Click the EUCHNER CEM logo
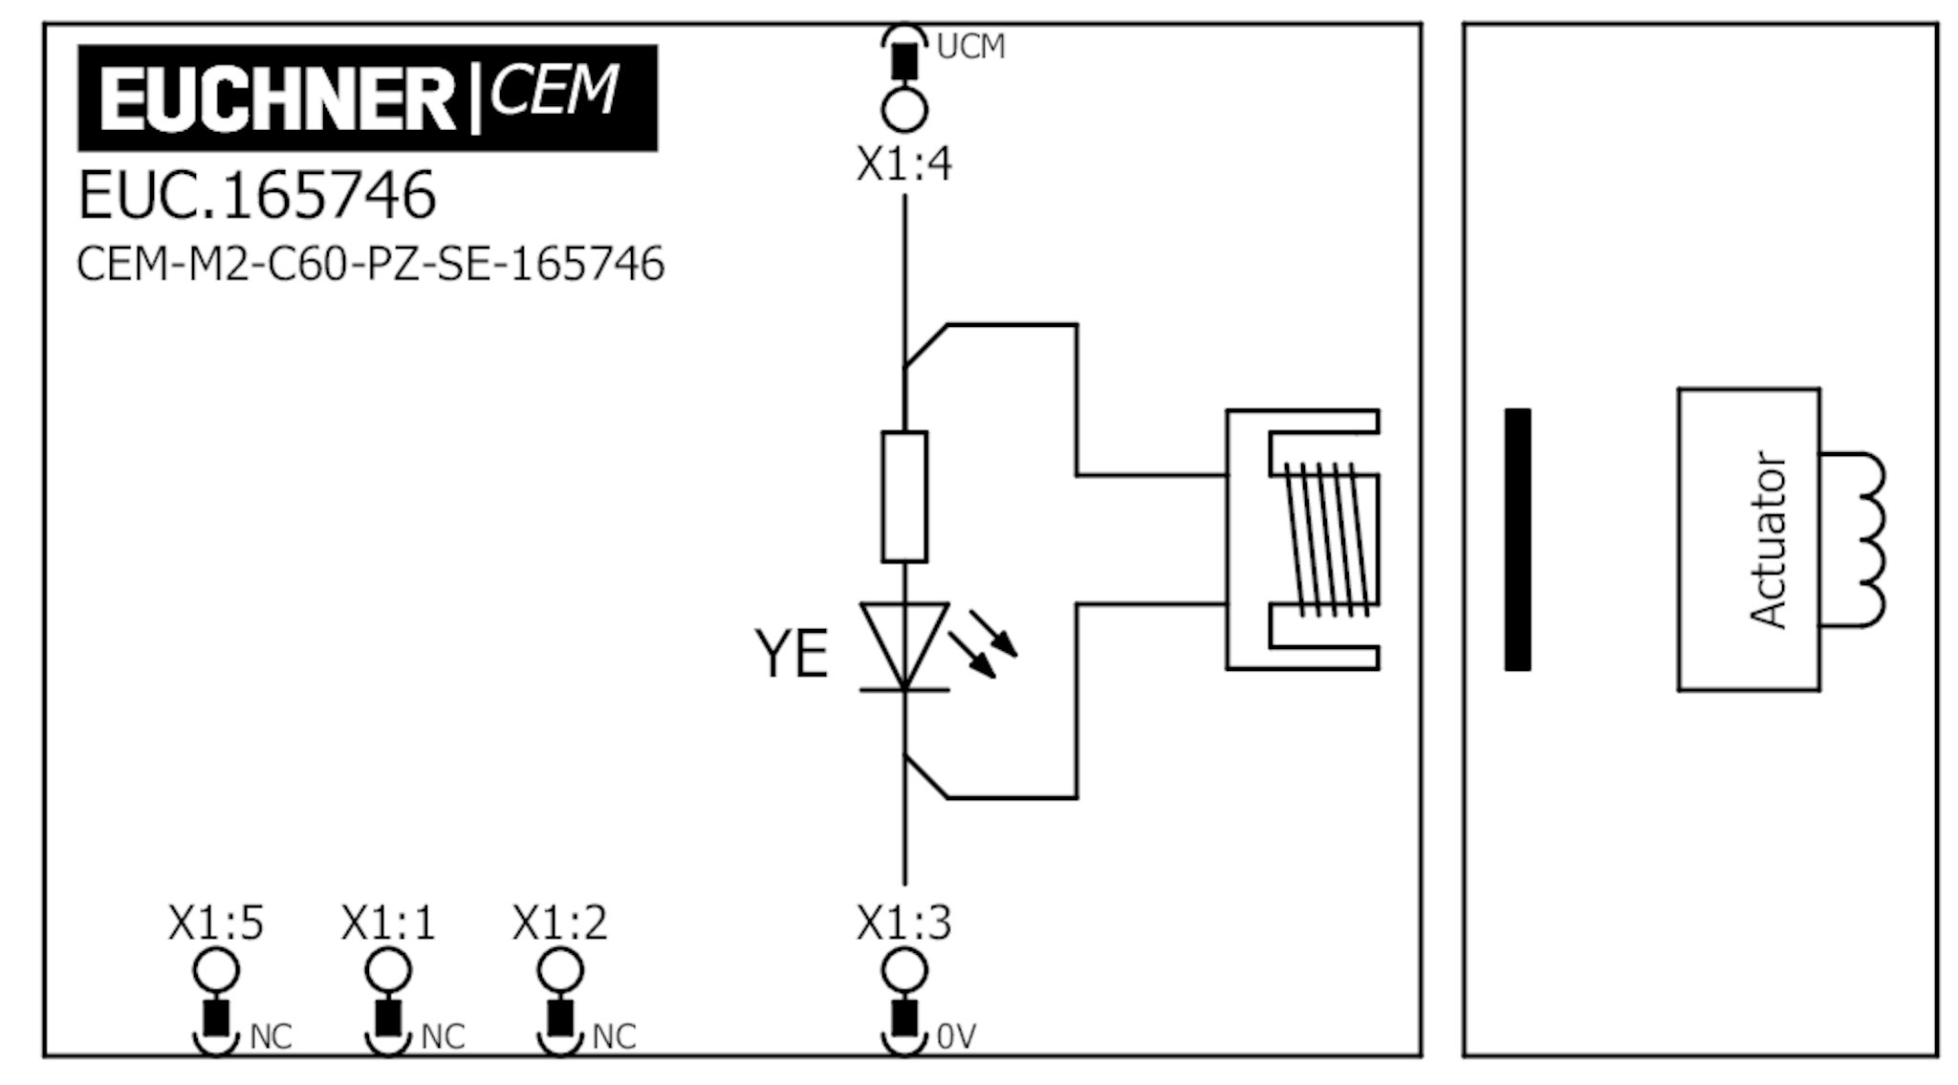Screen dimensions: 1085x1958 tap(367, 98)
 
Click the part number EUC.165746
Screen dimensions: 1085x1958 tap(256, 195)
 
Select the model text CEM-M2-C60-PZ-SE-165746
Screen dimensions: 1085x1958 tap(370, 264)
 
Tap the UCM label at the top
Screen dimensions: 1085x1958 tap(970, 47)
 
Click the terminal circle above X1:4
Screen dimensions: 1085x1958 tap(903, 110)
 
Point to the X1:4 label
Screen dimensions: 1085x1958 tap(903, 164)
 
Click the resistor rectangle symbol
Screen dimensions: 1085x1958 tap(903, 496)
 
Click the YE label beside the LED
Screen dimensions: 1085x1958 tap(791, 655)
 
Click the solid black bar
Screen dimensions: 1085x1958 tap(1517, 540)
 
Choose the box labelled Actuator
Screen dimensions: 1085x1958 tap(1748, 540)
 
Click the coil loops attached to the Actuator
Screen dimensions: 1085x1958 tap(1864, 540)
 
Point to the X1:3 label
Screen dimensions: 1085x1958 tap(903, 923)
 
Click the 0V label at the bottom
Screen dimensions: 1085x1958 tap(956, 1036)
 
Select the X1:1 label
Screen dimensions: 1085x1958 tap(388, 923)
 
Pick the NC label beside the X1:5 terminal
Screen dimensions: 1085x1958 tap(271, 1036)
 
